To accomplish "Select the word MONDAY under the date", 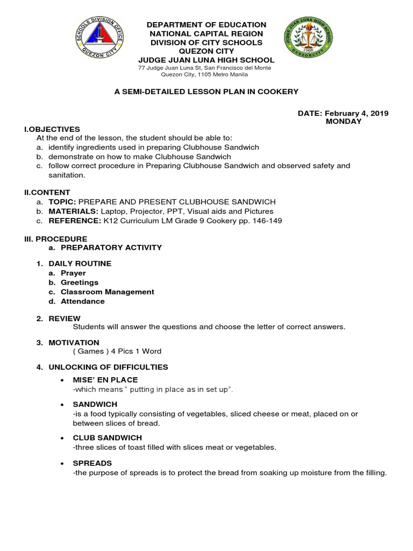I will (x=344, y=121).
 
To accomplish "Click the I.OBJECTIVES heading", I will (x=52, y=129).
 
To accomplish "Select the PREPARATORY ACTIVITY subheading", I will (x=111, y=248).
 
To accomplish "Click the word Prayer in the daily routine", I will (x=73, y=273).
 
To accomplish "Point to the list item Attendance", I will (x=83, y=301).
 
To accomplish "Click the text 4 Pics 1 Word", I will (x=136, y=351).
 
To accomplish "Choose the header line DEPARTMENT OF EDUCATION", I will (x=207, y=25).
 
